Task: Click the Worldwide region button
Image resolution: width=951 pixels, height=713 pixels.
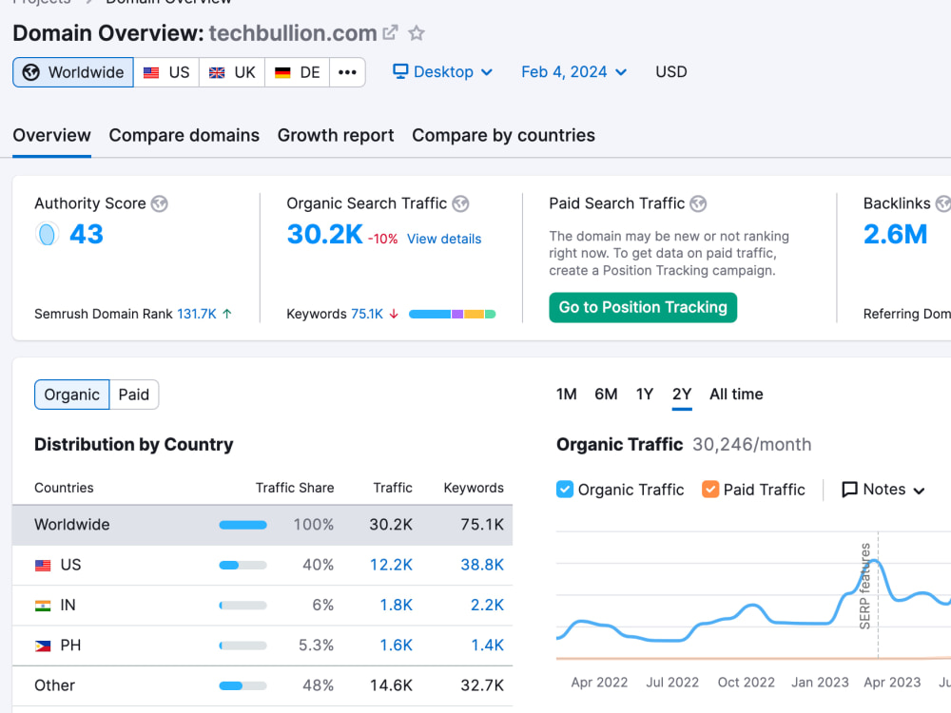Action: [73, 73]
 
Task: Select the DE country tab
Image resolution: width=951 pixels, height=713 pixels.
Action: [297, 73]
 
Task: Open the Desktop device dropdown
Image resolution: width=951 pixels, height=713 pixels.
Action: [443, 72]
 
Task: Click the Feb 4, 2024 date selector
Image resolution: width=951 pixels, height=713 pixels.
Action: [573, 72]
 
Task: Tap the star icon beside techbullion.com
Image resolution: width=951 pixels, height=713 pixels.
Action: [417, 32]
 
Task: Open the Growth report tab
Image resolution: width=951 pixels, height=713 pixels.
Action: [336, 135]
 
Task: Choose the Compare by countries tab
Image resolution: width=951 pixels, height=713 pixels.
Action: [503, 135]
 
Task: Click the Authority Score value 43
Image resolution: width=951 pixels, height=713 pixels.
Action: [87, 234]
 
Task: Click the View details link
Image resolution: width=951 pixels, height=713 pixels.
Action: [444, 239]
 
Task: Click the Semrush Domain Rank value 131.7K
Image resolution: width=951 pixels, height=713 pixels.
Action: [197, 314]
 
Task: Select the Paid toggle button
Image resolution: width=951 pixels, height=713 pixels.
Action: [133, 395]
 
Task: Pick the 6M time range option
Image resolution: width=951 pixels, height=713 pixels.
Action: [605, 395]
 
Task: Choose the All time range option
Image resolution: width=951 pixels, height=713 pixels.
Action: [736, 395]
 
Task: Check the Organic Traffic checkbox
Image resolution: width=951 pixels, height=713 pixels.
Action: [565, 490]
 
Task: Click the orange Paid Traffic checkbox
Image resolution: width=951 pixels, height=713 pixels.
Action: [710, 490]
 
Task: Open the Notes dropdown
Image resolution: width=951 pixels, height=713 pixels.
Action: [883, 490]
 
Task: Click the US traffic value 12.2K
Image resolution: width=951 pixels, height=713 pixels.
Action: [391, 565]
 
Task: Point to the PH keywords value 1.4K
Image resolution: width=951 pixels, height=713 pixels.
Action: [487, 646]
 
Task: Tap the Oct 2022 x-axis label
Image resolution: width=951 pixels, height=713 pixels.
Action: [746, 683]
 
